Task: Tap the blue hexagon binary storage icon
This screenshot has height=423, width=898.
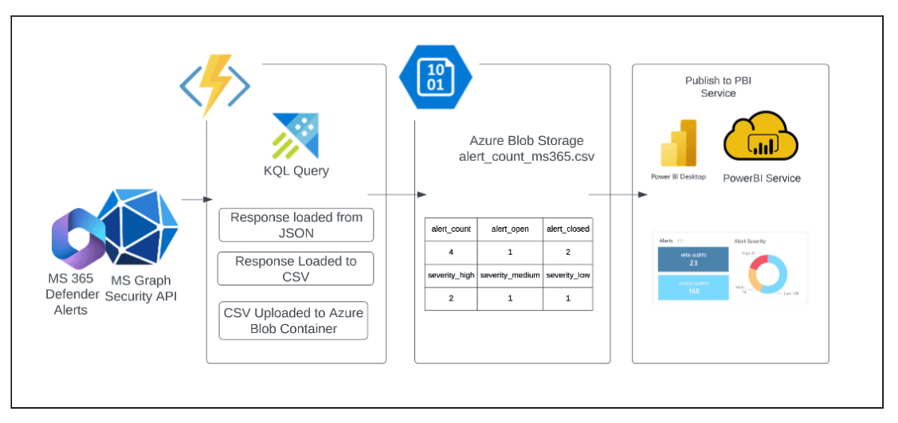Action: point(435,76)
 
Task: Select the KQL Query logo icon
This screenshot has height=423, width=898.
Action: point(295,135)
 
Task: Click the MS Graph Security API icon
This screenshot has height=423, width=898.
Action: point(138,231)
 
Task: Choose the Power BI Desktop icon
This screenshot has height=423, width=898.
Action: point(678,144)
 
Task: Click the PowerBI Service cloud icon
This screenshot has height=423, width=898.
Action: point(761,137)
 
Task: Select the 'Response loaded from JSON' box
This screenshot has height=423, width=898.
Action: point(296,225)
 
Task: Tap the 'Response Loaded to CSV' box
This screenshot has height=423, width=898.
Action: point(296,269)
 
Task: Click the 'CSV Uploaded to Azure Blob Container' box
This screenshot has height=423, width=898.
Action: point(294,320)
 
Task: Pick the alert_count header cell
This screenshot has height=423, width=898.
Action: point(451,229)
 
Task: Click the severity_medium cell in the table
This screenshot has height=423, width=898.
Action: point(510,275)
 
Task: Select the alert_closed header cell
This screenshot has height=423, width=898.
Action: point(568,229)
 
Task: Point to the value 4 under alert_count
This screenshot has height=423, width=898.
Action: point(451,253)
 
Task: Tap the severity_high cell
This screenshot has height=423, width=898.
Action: point(451,275)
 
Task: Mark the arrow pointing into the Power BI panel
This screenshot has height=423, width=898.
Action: point(618,194)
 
